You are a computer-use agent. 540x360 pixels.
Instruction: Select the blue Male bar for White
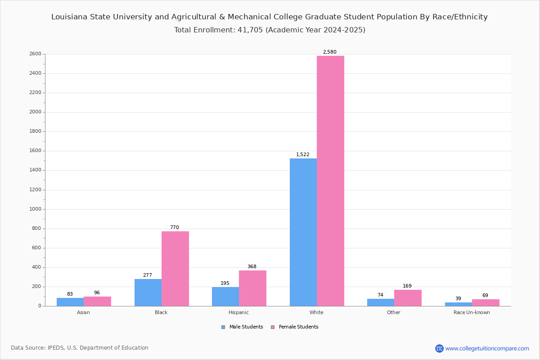coord(303,232)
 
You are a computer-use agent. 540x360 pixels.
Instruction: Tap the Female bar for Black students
coord(175,269)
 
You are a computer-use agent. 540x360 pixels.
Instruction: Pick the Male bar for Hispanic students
coord(225,297)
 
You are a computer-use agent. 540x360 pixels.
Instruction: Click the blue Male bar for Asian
coord(70,302)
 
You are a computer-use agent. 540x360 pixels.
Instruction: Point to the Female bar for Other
coord(408,298)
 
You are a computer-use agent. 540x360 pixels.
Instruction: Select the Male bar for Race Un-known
coord(459,304)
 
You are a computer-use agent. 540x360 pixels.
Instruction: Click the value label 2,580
coord(329,52)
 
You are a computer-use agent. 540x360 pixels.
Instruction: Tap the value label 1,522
coord(302,155)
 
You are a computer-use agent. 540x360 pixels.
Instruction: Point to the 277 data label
coord(148,275)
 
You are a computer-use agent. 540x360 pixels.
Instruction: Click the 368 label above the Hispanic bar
coord(252,267)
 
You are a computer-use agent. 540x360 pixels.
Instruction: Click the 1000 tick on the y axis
coord(35,209)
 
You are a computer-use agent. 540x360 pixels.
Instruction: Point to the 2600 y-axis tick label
coord(35,54)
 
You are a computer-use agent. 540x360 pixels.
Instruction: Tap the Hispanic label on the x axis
coord(238,313)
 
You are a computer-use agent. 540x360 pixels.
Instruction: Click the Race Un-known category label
coord(472,313)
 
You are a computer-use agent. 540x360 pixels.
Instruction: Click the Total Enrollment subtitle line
coord(270,30)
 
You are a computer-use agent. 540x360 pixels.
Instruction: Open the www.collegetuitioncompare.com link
coord(487,348)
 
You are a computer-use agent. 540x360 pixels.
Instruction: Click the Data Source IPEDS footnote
coord(80,348)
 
